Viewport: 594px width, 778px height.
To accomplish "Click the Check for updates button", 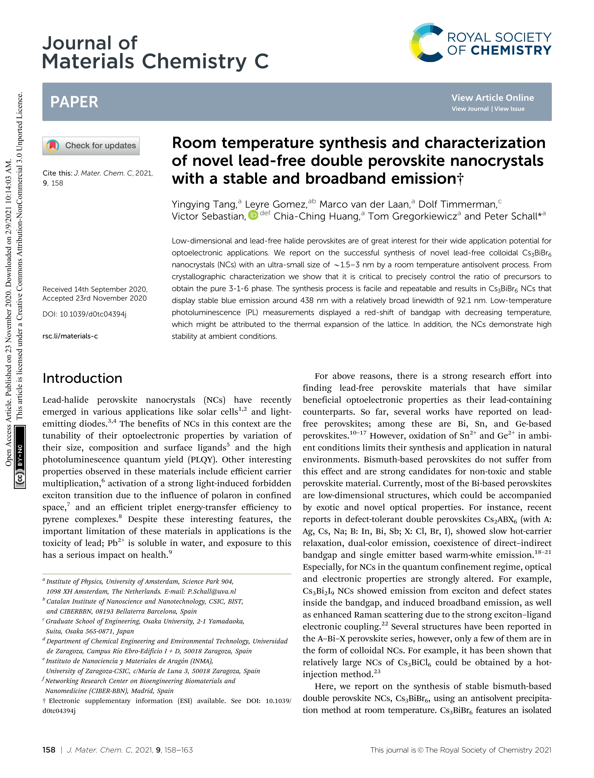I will [91, 146].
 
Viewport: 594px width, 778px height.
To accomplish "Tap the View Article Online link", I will [492, 97].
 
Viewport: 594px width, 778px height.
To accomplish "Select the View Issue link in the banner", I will [509, 109].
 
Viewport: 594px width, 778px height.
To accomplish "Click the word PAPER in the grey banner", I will [74, 102].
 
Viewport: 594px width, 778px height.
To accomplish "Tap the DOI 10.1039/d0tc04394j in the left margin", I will [93, 314].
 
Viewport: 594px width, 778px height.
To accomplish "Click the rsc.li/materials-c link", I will [70, 336].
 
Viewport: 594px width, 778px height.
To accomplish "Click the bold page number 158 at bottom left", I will [49, 750].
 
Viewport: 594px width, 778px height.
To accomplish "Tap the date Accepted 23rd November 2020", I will [94, 298].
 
